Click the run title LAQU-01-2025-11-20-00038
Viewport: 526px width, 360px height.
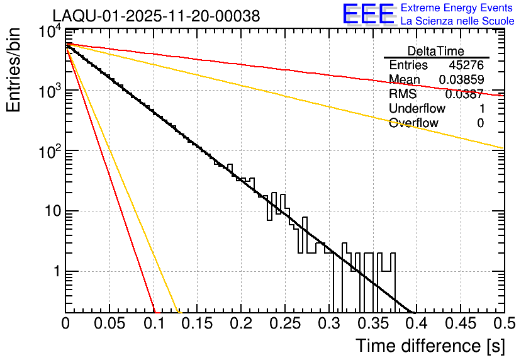point(155,16)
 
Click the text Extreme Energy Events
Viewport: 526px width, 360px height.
point(457,8)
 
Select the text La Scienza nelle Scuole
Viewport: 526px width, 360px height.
point(457,21)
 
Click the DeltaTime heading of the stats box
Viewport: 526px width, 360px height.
point(435,51)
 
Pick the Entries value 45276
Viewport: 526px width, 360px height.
point(466,65)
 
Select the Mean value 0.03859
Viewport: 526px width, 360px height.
point(461,80)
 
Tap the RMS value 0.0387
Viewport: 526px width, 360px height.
point(464,94)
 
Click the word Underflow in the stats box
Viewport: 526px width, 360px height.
point(417,109)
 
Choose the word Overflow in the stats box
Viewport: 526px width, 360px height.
point(413,123)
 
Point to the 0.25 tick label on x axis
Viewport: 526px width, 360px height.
point(284,323)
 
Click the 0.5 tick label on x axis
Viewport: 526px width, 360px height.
point(503,323)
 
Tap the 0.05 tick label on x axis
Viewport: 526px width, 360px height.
point(109,323)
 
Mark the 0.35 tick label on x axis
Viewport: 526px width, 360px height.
point(372,323)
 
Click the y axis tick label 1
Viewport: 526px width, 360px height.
point(55,272)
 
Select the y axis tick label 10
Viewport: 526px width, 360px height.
point(51,211)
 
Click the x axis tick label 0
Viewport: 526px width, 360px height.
point(65,323)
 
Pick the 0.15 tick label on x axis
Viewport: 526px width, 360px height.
point(196,323)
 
